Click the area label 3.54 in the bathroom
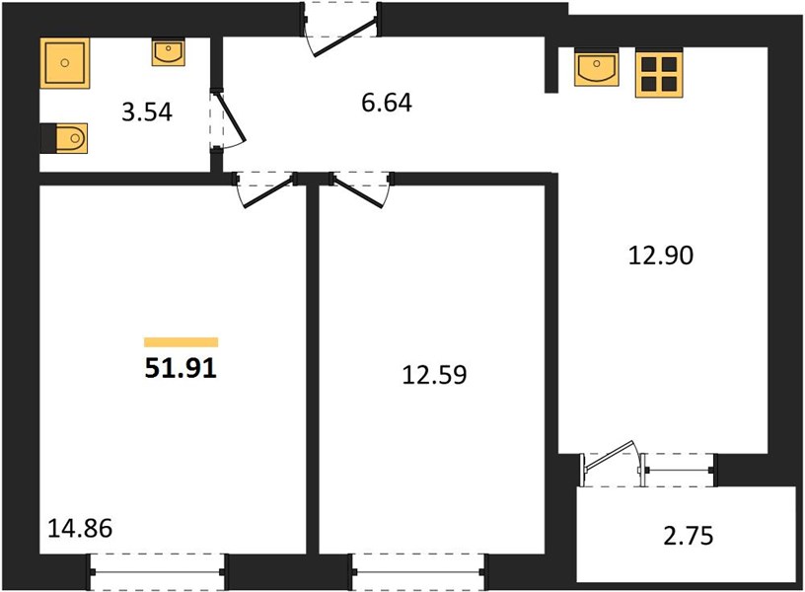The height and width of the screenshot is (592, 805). [147, 111]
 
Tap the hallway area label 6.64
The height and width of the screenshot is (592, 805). [387, 103]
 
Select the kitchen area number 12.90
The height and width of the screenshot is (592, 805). [661, 256]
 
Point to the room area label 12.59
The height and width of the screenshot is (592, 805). [434, 375]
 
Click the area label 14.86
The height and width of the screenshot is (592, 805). [80, 528]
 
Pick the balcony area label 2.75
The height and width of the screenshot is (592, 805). [689, 536]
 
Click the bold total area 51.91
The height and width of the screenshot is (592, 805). [181, 368]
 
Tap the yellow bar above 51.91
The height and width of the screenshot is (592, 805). [182, 342]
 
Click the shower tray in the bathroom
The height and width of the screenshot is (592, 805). [65, 63]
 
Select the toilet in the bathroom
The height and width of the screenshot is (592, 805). [65, 138]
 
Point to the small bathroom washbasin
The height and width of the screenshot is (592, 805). [168, 53]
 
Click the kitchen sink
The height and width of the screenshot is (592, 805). [597, 67]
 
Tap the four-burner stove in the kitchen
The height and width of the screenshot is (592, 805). [659, 73]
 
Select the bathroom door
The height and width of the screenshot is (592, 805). [227, 119]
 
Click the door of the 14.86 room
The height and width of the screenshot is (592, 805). [265, 190]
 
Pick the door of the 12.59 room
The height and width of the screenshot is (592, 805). [362, 190]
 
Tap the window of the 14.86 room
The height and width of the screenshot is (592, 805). [157, 572]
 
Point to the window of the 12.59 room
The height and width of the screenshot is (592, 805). [418, 572]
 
